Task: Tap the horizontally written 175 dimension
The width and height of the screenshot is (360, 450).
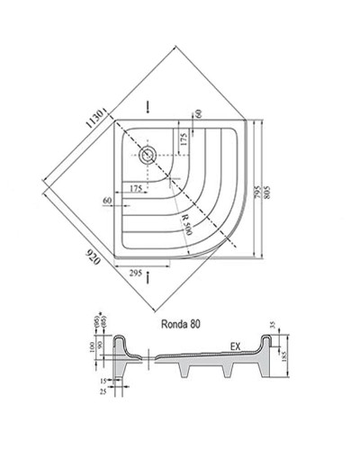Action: pos(135,188)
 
